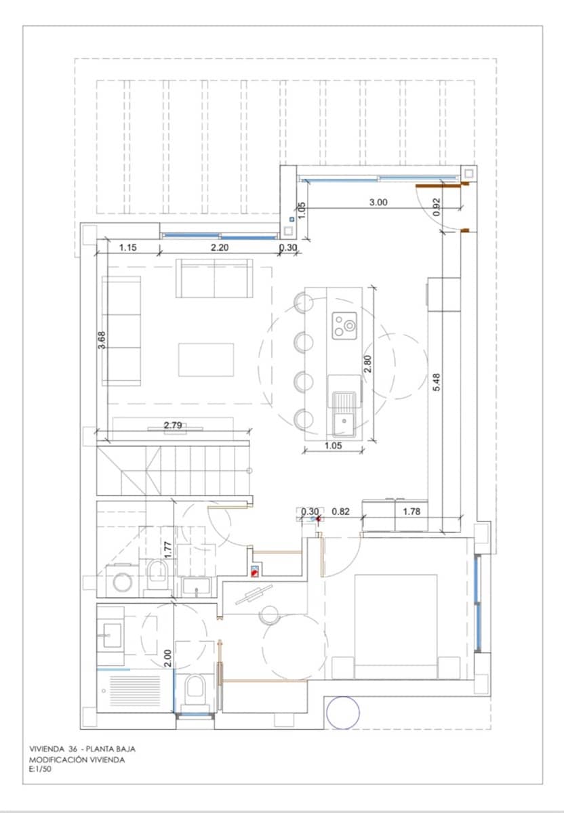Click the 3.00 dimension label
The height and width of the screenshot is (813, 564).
click(378, 201)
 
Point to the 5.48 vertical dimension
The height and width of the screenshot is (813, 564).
click(437, 383)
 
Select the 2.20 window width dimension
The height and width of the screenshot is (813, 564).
click(220, 247)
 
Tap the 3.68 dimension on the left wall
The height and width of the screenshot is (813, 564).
click(102, 339)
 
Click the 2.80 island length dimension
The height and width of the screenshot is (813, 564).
click(367, 364)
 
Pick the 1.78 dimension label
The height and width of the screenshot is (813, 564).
click(411, 512)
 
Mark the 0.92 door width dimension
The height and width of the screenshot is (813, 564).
click(437, 205)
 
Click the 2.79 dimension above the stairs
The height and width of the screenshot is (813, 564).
click(173, 425)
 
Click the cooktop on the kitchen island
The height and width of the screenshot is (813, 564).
click(344, 326)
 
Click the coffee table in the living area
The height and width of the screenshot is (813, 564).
click(206, 360)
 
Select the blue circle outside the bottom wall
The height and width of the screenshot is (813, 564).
click(342, 713)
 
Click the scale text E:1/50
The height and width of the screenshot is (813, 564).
click(41, 770)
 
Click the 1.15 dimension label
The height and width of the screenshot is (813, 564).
click(128, 247)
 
